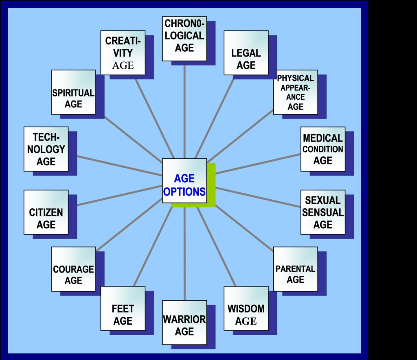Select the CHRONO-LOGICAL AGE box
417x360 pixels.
tap(184, 39)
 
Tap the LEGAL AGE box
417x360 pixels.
tap(246, 53)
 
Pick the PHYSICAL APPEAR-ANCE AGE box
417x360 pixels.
tap(295, 92)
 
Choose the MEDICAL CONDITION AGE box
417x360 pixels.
tap(323, 149)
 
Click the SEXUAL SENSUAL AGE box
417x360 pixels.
tap(323, 212)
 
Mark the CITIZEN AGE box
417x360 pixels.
tap(46, 212)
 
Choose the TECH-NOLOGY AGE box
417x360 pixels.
tap(46, 149)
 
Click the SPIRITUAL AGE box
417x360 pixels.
tap(73, 92)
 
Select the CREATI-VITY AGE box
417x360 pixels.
tap(123, 53)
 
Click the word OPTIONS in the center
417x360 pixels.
tap(184, 192)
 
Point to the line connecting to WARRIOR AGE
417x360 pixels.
tap(184, 252)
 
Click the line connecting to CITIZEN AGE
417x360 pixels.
tap(118, 195)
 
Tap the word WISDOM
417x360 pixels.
tap(246, 308)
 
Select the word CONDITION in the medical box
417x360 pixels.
tap(323, 149)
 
